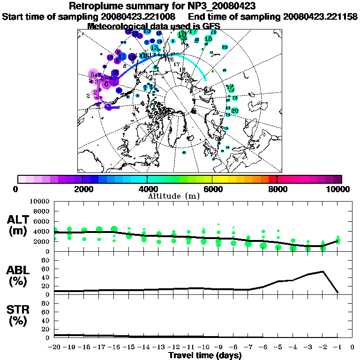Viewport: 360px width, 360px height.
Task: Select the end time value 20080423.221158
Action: pyautogui.click(x=321, y=16)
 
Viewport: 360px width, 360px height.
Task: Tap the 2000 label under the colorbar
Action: pyautogui.click(x=82, y=189)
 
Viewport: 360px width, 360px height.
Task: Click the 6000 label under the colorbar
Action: pyautogui.click(x=212, y=189)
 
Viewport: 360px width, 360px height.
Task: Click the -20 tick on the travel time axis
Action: pyautogui.click(x=55, y=347)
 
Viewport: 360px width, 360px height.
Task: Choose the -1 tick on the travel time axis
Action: pyautogui.click(x=337, y=347)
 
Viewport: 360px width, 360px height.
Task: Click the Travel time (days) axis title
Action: pyautogui.click(x=205, y=356)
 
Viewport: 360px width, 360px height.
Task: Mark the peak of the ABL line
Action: pyautogui.click(x=322, y=271)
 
